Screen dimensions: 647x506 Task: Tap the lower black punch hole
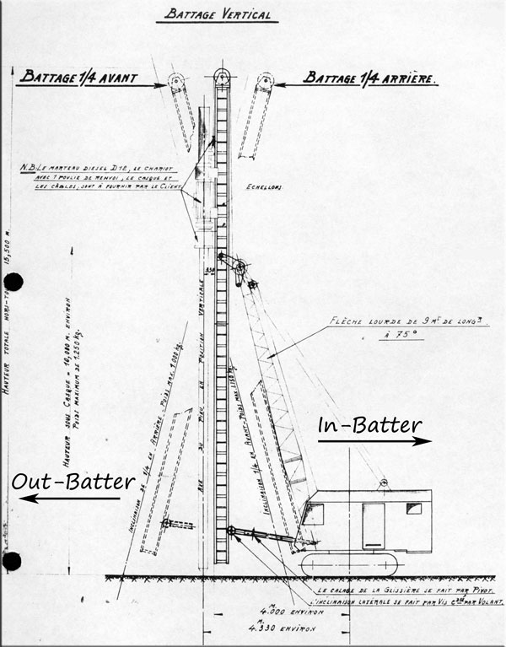[11, 561]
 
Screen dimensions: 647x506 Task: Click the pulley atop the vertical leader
[223, 76]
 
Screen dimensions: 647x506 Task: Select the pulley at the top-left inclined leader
[176, 82]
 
